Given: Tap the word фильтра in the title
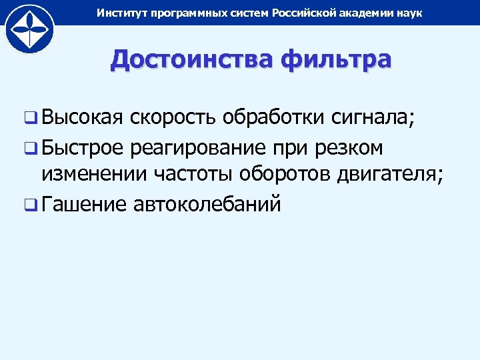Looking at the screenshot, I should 337,59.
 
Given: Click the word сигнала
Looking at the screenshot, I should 373,119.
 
